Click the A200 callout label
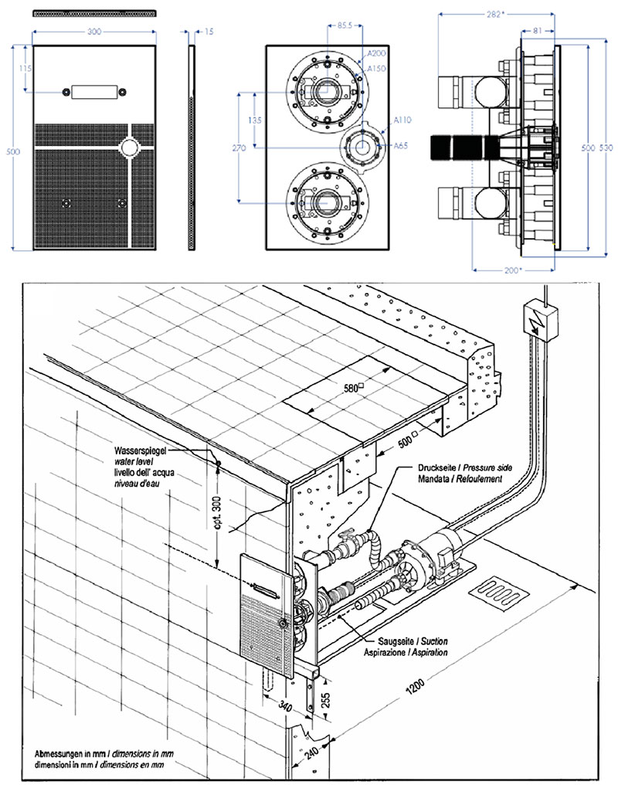(377, 53)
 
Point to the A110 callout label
(402, 121)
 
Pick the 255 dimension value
(326, 702)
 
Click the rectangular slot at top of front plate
(93, 92)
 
